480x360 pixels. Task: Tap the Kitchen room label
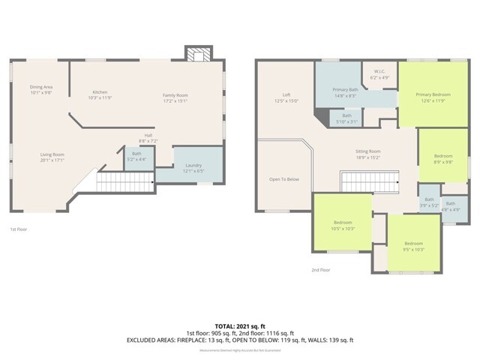[99, 94]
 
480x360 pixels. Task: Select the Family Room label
[175, 97]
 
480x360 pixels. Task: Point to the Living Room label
[52, 157]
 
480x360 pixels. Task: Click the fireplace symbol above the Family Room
[198, 55]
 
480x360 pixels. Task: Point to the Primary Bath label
[346, 91]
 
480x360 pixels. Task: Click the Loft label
[286, 97]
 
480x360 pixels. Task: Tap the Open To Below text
[284, 179]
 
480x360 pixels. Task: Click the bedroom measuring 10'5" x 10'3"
[343, 225]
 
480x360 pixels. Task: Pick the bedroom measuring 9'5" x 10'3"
[414, 246]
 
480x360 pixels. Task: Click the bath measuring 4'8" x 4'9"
[450, 205]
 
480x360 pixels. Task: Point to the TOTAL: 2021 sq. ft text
[239, 326]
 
